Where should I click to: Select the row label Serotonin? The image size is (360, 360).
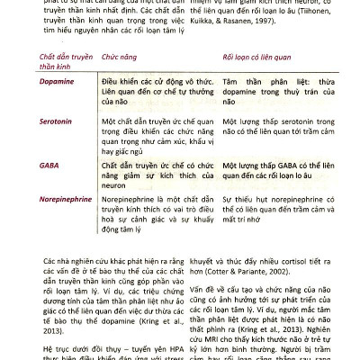click(57, 120)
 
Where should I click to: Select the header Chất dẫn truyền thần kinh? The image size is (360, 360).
click(67, 60)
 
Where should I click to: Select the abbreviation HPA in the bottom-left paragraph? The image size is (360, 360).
click(164, 346)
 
